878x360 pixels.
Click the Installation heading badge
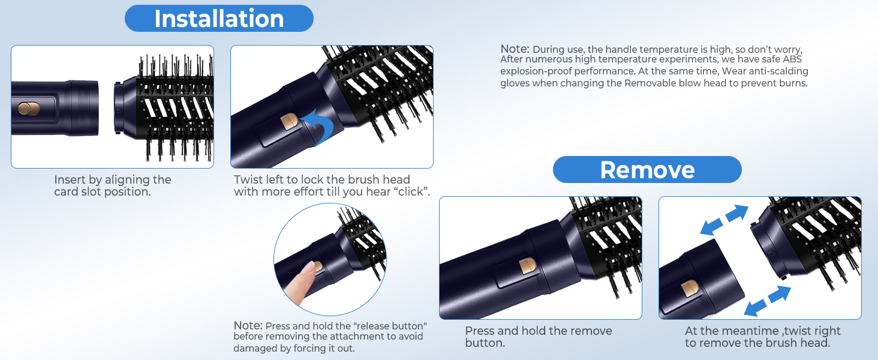coord(219,19)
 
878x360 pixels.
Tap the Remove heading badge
coord(647,170)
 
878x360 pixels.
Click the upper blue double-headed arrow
coord(725,220)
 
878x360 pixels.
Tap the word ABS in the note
coord(792,59)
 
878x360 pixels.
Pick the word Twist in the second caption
coord(248,180)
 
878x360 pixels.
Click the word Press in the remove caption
coord(480,331)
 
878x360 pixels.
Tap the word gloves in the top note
coord(515,83)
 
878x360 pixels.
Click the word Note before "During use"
coord(515,49)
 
